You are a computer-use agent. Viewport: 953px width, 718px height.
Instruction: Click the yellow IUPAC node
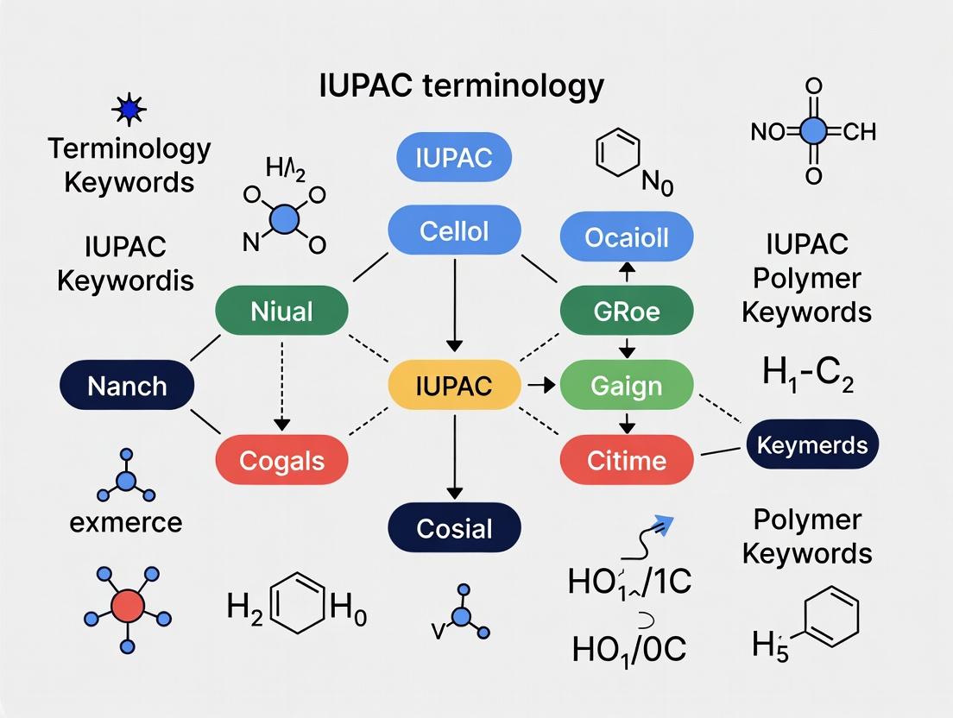click(454, 385)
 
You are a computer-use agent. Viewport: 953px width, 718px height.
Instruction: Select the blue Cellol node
click(454, 231)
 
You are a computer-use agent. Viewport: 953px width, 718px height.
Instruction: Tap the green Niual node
click(281, 311)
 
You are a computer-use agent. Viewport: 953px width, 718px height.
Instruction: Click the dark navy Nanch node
click(127, 385)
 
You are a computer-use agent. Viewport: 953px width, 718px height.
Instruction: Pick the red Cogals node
click(281, 460)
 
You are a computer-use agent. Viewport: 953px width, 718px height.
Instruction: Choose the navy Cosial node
click(454, 528)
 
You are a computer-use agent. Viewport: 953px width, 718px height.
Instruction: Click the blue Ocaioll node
click(627, 237)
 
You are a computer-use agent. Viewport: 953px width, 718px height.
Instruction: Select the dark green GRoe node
click(627, 311)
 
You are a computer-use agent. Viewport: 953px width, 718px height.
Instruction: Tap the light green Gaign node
click(627, 385)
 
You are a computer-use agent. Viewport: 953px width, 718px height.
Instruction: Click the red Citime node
click(627, 460)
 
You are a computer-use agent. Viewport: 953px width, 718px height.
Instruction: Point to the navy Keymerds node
click(811, 445)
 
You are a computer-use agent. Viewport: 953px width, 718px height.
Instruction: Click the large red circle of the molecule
click(127, 606)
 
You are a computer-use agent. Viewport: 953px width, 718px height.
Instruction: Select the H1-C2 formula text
click(807, 377)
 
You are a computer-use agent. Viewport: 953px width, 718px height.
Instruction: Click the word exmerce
click(127, 521)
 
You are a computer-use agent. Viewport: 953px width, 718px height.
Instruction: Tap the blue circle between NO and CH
click(812, 131)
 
